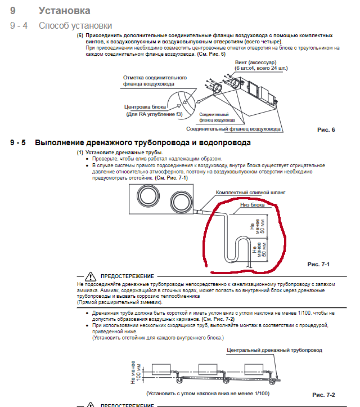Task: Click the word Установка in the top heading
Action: click(x=64, y=11)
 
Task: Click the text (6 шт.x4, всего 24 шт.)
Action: click(x=261, y=68)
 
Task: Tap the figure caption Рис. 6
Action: click(x=326, y=129)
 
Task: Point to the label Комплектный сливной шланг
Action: click(x=250, y=192)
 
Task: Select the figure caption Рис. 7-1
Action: click(x=318, y=263)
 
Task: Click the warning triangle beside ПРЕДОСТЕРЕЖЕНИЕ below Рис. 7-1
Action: click(x=91, y=276)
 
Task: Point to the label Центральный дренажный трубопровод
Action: click(x=274, y=350)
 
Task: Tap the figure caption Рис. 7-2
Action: click(x=323, y=395)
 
